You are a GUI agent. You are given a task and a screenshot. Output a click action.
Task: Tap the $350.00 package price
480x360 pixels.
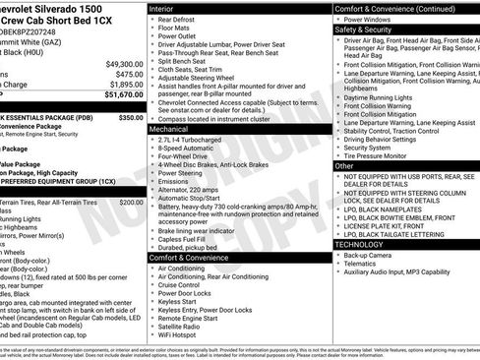click(x=131, y=116)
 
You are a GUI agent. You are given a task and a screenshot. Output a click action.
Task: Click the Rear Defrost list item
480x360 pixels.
click(x=181, y=20)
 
